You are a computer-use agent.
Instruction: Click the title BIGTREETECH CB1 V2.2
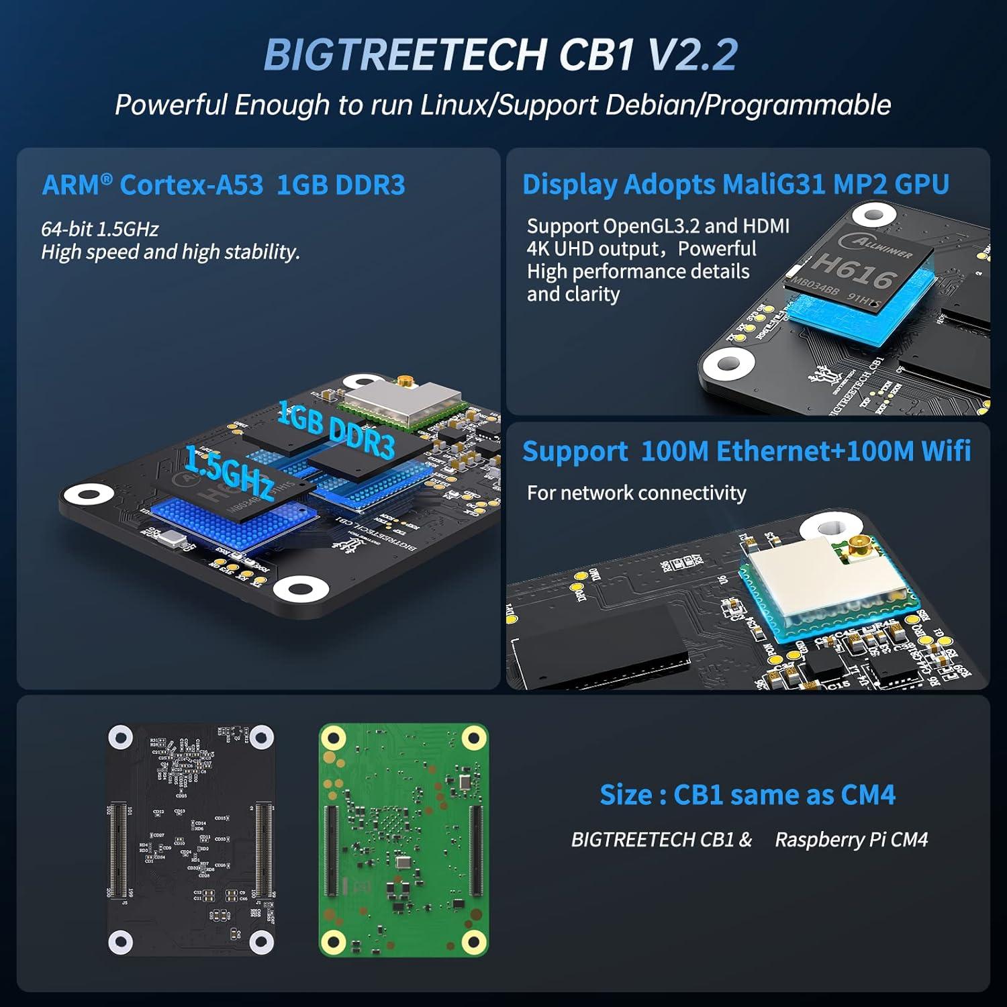point(501,54)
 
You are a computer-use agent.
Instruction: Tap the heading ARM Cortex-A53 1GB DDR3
point(224,185)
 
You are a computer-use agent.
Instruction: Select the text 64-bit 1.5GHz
point(99,229)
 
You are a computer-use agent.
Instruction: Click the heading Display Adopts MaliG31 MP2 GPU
point(735,184)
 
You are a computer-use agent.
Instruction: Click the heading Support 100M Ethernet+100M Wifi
point(746,451)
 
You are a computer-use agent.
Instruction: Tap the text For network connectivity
point(636,493)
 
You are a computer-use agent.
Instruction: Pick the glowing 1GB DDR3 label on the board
point(336,430)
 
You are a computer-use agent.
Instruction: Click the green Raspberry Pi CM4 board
point(403,839)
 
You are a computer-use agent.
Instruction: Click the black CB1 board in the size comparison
point(191,839)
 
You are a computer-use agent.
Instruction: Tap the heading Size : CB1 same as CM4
point(747,794)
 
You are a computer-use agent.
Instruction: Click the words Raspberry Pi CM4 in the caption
point(851,839)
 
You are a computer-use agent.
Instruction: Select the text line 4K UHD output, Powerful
point(641,248)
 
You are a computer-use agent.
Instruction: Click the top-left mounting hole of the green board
point(333,738)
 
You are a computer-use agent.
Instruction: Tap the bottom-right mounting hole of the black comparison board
point(261,941)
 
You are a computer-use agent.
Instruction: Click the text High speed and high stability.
point(170,252)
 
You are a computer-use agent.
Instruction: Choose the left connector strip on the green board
point(332,851)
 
